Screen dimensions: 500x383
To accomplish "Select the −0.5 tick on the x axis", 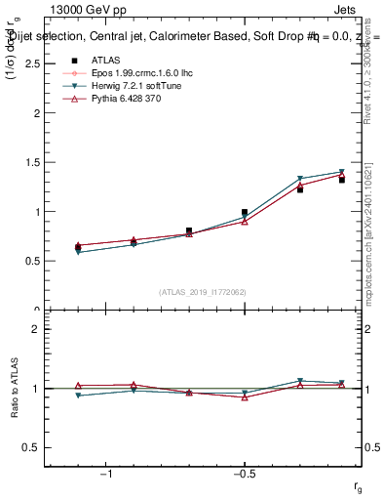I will [244, 475].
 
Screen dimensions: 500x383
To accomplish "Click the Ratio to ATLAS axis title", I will [13, 389].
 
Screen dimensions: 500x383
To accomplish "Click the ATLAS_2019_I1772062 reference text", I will [203, 292].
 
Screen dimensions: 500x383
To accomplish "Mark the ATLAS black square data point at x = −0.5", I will [245, 212].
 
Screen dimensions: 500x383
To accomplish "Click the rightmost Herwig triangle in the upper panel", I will [342, 172].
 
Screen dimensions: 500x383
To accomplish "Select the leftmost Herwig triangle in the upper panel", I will [78, 252].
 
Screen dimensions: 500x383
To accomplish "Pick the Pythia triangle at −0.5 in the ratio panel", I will [245, 397].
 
